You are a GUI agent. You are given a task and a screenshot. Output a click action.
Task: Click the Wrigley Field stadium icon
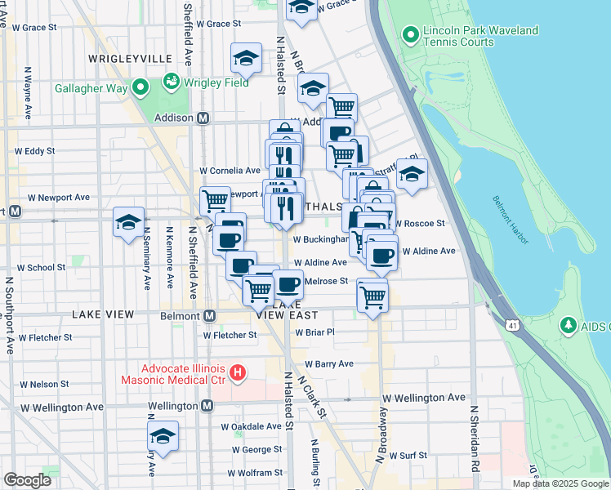[x=172, y=82]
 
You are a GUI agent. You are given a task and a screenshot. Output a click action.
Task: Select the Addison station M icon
[x=204, y=118]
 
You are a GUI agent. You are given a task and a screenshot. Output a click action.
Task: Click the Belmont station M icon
[x=210, y=316]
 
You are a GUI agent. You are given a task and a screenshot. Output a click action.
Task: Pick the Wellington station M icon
[x=208, y=406]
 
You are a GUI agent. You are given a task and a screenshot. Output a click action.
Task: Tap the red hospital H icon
[x=237, y=373]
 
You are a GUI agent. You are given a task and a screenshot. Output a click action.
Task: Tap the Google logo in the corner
[x=27, y=479]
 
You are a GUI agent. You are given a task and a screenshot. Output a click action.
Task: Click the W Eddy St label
[x=35, y=151]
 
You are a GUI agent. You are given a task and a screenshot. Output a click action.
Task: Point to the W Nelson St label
[x=44, y=384]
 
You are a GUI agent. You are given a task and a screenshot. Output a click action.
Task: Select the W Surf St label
[x=408, y=456]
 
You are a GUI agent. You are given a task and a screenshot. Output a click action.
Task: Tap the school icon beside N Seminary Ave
[x=129, y=222]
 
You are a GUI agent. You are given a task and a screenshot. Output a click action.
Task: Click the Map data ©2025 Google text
[x=560, y=483]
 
